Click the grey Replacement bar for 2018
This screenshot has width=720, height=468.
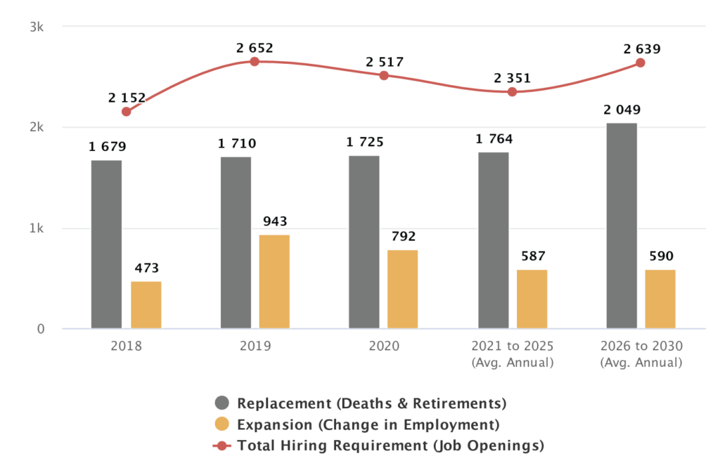point(106,245)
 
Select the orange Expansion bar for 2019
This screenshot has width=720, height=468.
point(274,281)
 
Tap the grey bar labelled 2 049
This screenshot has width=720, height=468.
point(622,226)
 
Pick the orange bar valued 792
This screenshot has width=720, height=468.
point(403,289)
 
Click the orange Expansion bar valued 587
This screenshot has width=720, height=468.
point(532,299)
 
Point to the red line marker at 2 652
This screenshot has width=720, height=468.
point(255,62)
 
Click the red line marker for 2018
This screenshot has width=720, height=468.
point(126,112)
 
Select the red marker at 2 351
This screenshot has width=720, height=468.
point(512,92)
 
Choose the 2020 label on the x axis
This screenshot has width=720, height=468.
point(383,346)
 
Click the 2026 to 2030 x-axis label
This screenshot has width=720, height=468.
point(641,346)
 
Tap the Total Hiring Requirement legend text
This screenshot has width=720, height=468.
point(390,446)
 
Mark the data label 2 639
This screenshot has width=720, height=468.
point(641,49)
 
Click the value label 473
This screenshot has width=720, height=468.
point(146,268)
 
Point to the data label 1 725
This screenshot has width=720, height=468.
point(364,143)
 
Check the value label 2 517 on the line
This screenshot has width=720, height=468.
point(384,62)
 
